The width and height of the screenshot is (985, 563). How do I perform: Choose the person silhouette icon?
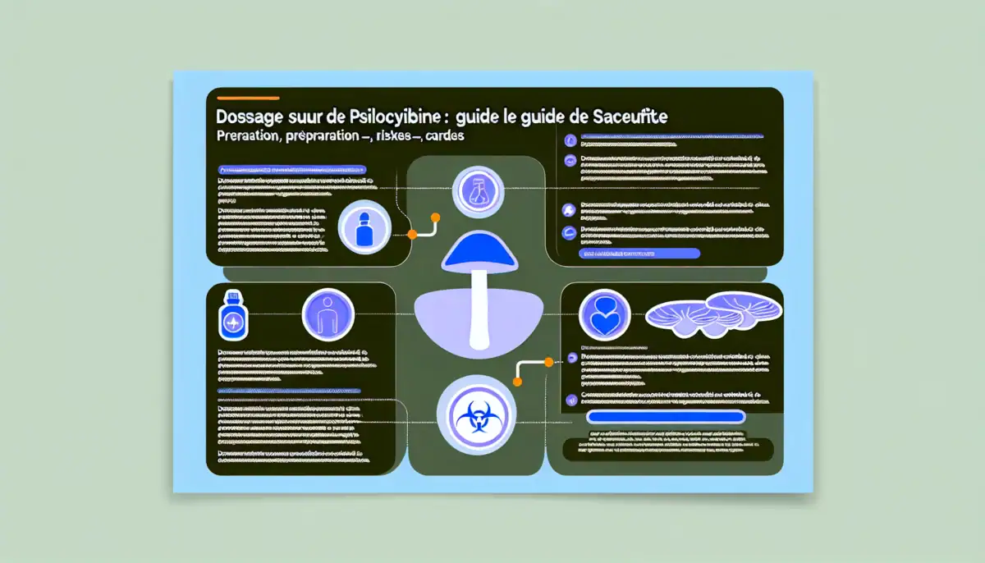(x=328, y=315)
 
